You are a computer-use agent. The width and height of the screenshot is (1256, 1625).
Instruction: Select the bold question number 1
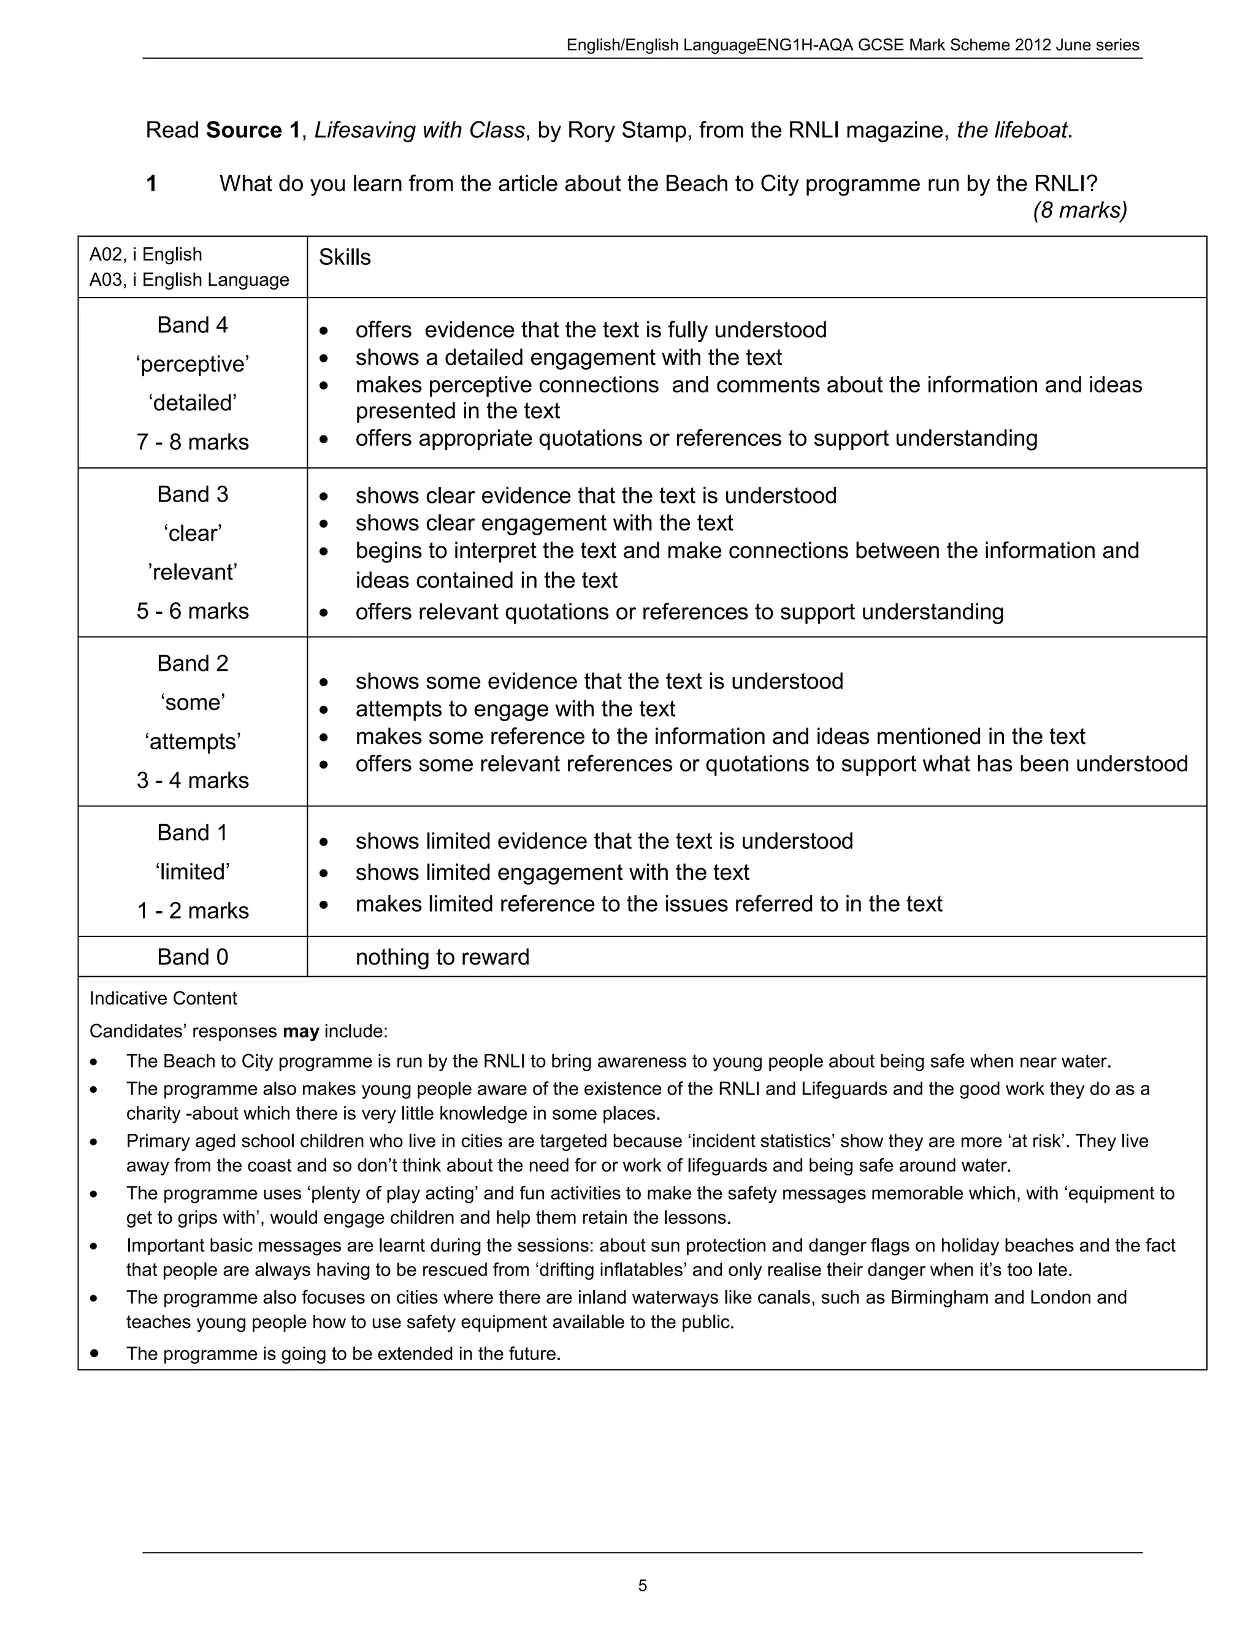(x=152, y=184)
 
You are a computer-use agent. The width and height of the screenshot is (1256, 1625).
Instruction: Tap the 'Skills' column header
(x=345, y=258)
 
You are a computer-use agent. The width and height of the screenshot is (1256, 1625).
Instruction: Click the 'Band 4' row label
(x=192, y=325)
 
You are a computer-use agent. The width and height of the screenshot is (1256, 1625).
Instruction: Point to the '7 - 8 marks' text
(x=192, y=442)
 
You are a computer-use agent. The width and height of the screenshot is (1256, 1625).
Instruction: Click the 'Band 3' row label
(x=192, y=494)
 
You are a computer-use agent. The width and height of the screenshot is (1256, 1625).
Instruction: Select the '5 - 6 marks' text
(x=192, y=611)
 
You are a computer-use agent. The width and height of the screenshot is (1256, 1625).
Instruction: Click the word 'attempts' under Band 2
(x=192, y=742)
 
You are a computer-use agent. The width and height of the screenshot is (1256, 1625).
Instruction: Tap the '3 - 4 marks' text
(x=192, y=781)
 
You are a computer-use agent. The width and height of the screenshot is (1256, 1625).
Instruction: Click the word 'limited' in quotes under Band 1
(x=192, y=872)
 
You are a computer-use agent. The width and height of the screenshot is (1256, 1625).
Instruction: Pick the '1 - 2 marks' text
(x=192, y=911)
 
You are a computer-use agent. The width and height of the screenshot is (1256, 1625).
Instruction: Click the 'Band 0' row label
(x=192, y=957)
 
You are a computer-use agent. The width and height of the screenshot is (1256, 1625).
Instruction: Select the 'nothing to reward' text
(x=442, y=957)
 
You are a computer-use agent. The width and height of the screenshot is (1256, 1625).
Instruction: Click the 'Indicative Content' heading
(x=163, y=998)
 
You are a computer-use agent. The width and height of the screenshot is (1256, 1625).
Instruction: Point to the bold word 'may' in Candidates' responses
(x=301, y=1031)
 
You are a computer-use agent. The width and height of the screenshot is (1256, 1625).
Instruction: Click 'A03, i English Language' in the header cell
(x=189, y=280)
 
